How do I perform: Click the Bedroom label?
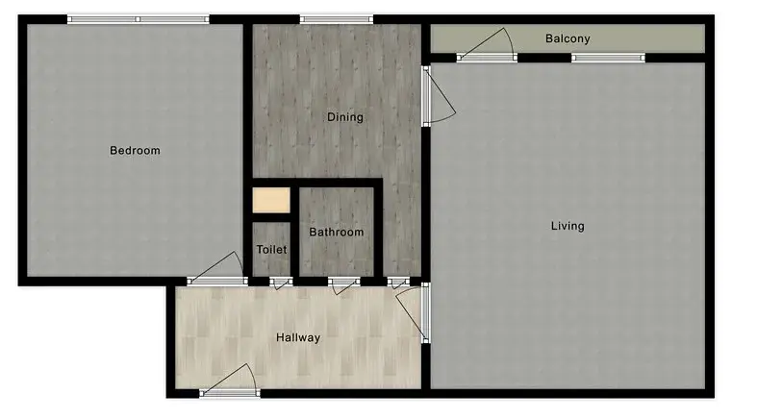[x=135, y=151]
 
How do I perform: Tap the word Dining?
[x=345, y=118]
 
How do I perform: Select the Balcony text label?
[x=568, y=39]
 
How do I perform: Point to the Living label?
[x=568, y=227]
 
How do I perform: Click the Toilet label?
[x=272, y=250]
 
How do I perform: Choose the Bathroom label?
[x=337, y=233]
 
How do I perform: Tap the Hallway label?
[x=298, y=338]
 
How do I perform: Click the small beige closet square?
[x=271, y=202]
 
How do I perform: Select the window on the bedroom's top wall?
[x=138, y=19]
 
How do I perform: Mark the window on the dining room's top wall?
[x=336, y=19]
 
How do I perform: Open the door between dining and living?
[x=429, y=96]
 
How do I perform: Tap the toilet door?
[x=281, y=282]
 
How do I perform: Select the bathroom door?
[x=343, y=282]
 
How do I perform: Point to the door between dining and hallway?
[x=399, y=282]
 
